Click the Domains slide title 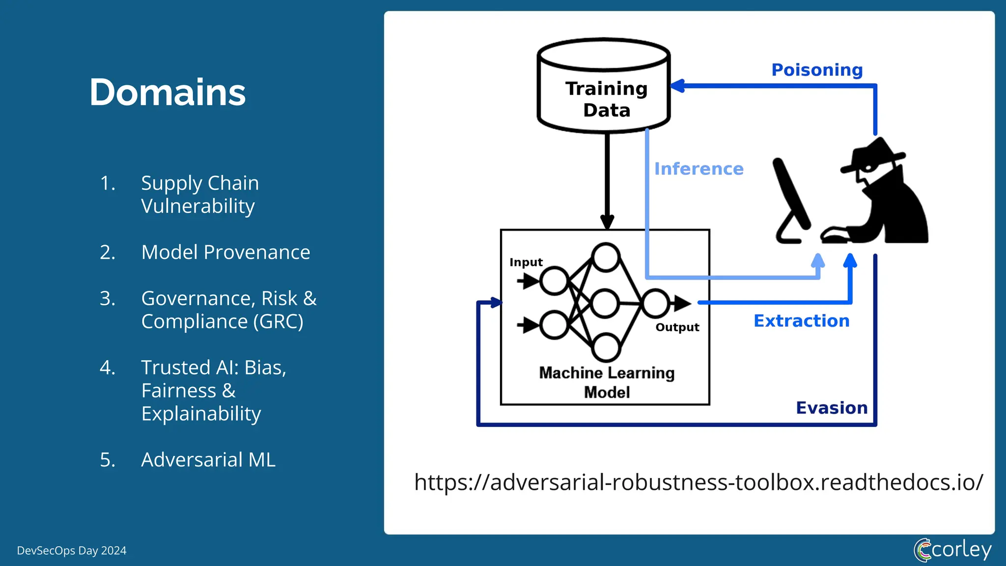167,92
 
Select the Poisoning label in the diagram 816,70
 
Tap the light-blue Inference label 699,169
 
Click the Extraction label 801,321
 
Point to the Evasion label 831,408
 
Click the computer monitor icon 791,197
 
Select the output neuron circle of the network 655,303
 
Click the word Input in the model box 526,262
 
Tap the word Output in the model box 677,327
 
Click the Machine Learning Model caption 607,382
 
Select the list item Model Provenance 225,252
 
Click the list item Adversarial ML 208,460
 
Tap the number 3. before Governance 108,298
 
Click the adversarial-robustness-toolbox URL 698,482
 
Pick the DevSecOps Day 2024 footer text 72,550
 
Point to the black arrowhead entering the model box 607,222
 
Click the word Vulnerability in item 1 198,206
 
